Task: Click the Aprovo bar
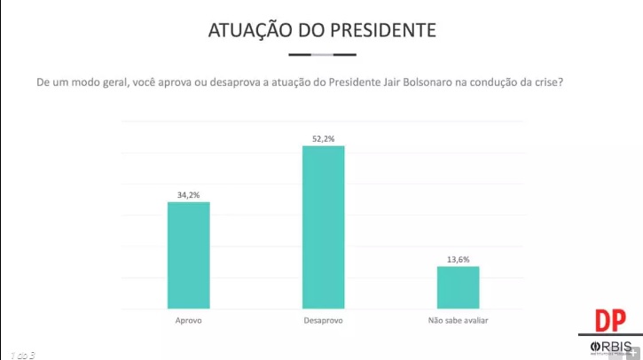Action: point(189,254)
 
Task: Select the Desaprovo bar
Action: point(324,227)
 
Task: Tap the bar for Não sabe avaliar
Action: point(458,287)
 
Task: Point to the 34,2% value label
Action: point(189,192)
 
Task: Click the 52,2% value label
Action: point(324,137)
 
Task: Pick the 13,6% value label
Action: point(458,258)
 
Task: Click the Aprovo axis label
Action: point(189,320)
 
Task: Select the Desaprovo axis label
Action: point(324,320)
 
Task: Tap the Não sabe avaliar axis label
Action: point(458,320)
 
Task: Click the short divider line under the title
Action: point(322,54)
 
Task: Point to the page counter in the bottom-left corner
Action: point(22,355)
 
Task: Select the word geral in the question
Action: point(104,82)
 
